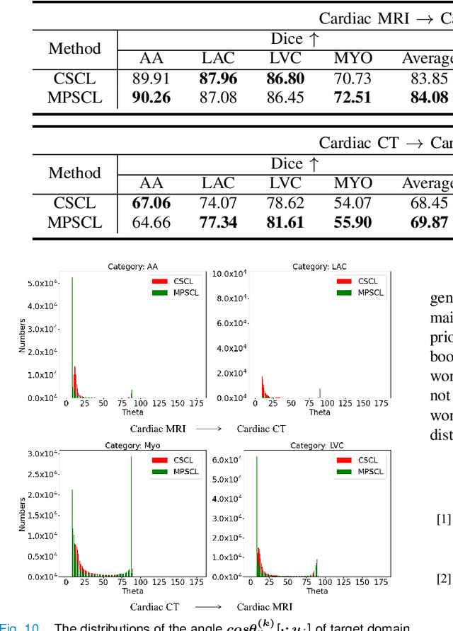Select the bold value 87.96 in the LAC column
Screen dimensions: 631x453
tap(218, 79)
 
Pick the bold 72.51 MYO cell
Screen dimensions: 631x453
tap(352, 97)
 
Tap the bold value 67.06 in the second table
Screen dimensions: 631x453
tap(151, 203)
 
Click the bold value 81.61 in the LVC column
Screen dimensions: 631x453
tap(285, 222)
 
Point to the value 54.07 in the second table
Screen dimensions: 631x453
tap(352, 203)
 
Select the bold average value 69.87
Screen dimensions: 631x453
tap(429, 222)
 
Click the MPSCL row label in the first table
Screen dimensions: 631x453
tap(74, 97)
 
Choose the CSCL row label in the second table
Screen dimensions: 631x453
tap(74, 203)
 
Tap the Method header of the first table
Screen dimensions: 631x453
tap(74, 49)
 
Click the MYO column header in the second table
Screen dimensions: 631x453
tap(352, 183)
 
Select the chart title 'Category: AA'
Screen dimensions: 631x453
tap(132, 267)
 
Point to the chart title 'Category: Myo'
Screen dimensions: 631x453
tap(132, 445)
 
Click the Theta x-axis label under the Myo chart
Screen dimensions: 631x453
tap(132, 591)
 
